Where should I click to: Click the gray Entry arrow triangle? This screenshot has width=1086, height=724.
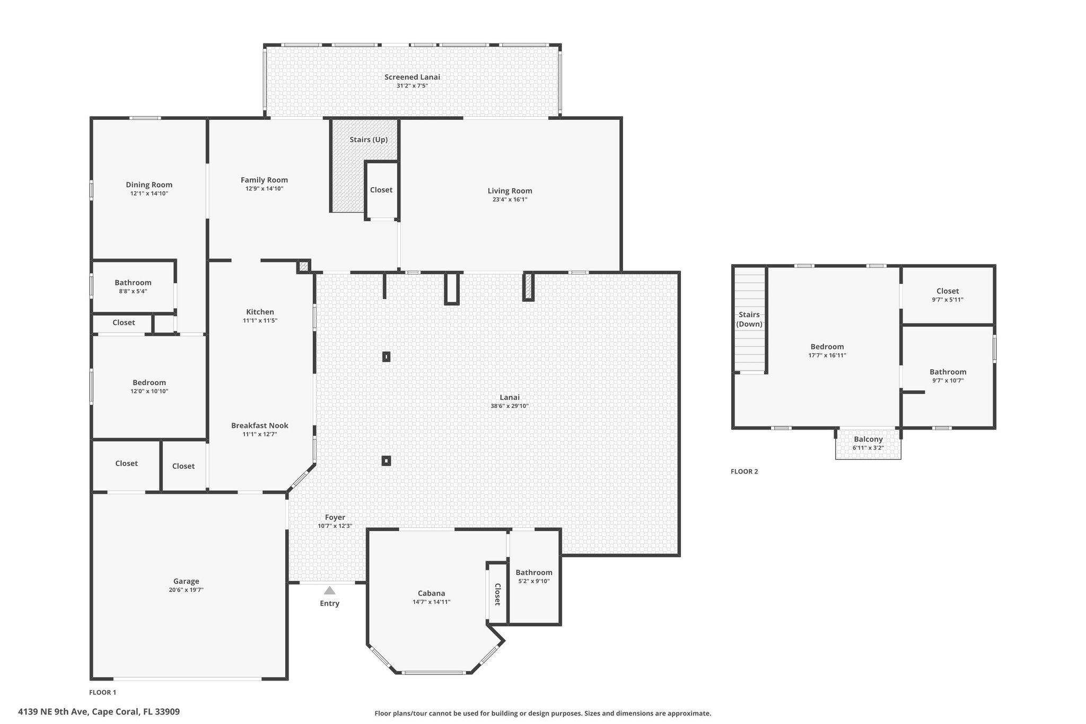click(329, 590)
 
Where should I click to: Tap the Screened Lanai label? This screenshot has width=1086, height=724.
click(412, 77)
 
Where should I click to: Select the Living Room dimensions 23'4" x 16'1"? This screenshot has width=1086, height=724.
click(510, 200)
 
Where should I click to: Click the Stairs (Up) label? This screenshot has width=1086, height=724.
click(369, 139)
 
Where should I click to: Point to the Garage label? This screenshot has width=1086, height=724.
click(186, 581)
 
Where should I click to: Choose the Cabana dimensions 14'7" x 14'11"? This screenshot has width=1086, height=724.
click(431, 602)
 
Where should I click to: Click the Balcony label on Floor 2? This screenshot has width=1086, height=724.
click(868, 439)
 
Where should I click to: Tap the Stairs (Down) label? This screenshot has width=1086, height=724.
click(749, 319)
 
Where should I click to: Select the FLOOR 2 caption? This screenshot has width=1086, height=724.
click(745, 472)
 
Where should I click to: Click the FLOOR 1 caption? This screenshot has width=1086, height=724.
click(102, 692)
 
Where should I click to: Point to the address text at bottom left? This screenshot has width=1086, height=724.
click(99, 712)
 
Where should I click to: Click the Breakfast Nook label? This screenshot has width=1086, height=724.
click(260, 425)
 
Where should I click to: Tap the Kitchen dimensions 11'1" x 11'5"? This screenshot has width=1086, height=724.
click(260, 320)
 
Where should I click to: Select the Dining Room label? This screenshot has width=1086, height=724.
click(149, 185)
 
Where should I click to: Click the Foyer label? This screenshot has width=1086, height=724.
click(335, 517)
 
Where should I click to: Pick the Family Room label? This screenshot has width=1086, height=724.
click(264, 180)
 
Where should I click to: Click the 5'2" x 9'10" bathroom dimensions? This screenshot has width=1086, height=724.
click(534, 581)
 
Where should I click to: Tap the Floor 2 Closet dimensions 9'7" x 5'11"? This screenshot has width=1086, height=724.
click(948, 300)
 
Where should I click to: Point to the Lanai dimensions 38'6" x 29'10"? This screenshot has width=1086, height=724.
click(510, 406)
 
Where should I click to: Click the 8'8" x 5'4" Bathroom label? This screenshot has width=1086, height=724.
click(133, 283)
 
